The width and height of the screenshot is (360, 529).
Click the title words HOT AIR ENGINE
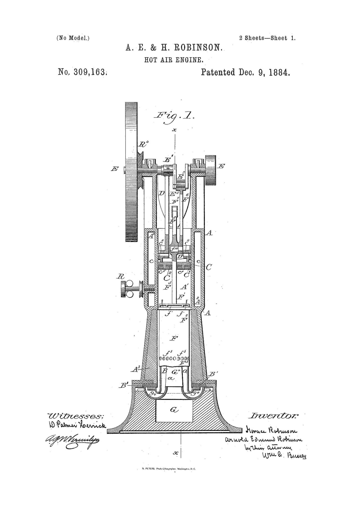[174, 60]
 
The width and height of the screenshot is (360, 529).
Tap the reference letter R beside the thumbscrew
[118, 277]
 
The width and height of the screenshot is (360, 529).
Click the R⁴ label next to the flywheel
[143, 144]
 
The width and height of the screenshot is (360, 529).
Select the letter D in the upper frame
[161, 193]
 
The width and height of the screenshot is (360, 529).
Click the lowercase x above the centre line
[175, 130]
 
